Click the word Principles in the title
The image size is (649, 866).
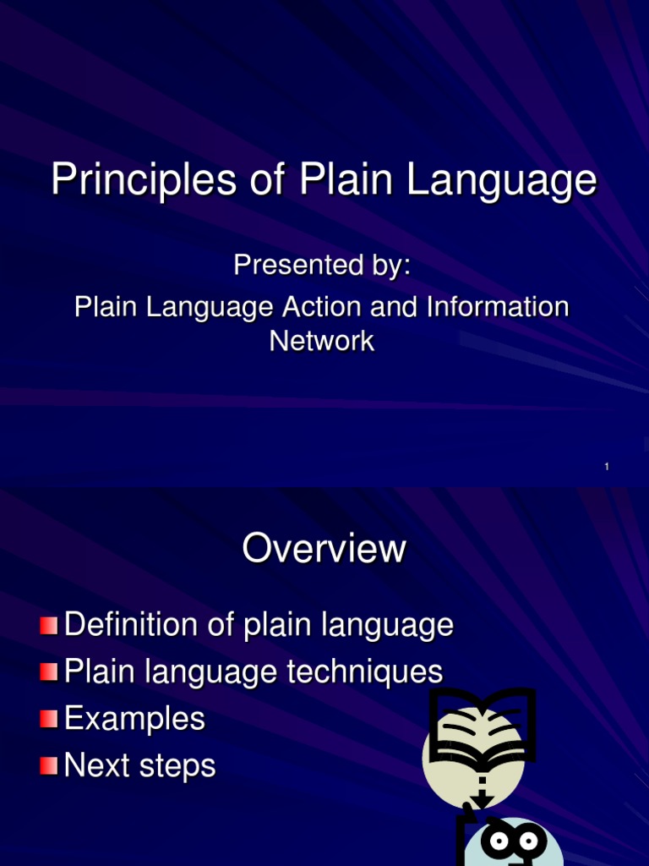point(139,181)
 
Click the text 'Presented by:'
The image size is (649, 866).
point(322,266)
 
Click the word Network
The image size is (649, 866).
point(322,341)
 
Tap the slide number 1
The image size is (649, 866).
point(607,467)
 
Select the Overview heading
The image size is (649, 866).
point(324,549)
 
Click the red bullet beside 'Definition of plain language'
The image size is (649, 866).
point(50,627)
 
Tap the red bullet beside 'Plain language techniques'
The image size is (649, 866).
point(50,673)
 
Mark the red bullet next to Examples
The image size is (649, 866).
point(50,720)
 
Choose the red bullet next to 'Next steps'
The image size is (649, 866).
point(50,766)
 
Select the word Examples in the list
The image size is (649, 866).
point(134,720)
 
